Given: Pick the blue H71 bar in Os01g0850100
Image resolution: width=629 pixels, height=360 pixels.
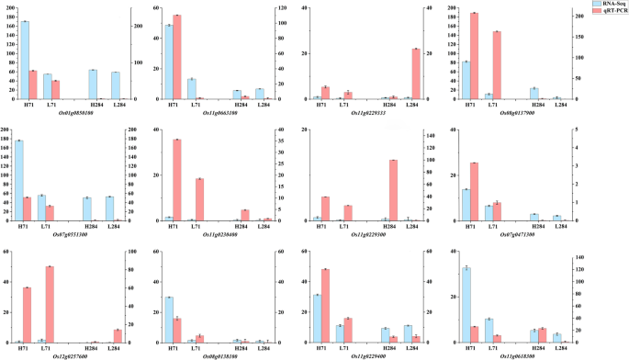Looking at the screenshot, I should [x=25, y=60].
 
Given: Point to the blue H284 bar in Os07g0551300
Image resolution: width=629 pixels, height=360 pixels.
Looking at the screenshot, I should [x=87, y=208].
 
